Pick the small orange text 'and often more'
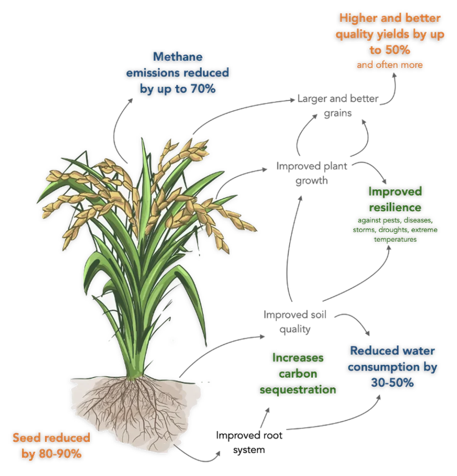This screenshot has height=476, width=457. pos(390,65)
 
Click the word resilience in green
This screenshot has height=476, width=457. pos(396,206)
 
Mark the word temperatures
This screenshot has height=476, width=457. pos(395,240)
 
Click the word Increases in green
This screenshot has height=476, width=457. pos(298,358)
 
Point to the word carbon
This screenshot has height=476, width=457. pos(298,374)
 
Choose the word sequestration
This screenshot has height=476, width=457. pos(298,390)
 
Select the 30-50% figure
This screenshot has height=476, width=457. pos(392,383)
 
